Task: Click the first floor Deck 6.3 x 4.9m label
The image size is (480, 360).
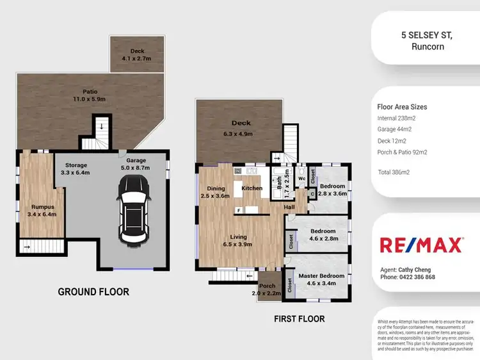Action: pyautogui.click(x=242, y=127)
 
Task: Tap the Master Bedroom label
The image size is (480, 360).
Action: pyautogui.click(x=321, y=279)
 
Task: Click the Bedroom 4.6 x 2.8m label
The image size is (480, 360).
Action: pyautogui.click(x=323, y=234)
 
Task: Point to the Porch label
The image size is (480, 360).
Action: pyautogui.click(x=267, y=290)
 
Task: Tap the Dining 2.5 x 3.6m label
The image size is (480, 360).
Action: pyautogui.click(x=216, y=192)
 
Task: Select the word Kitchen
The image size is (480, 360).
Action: pyautogui.click(x=251, y=188)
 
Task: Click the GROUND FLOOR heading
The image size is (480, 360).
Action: pyautogui.click(x=93, y=292)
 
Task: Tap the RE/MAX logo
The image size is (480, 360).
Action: pyautogui.click(x=421, y=245)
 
